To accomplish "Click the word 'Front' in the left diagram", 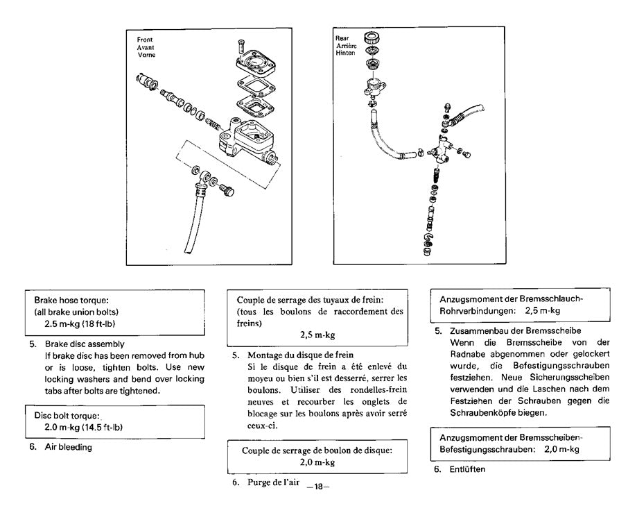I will coord(146,40).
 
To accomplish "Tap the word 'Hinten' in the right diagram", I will coord(344,52).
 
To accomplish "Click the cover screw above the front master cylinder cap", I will coord(239,47).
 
